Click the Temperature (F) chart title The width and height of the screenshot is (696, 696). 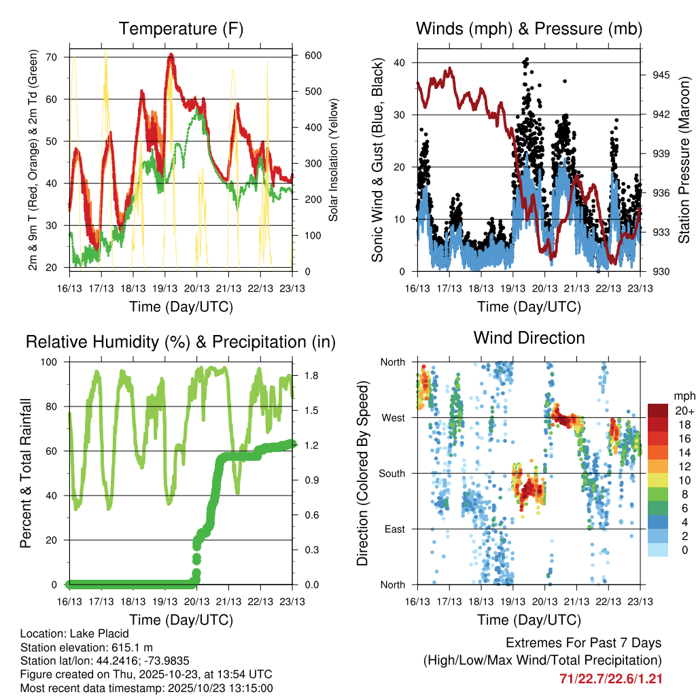pyautogui.click(x=181, y=29)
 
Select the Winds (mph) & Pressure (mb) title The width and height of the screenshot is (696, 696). pyautogui.click(x=529, y=29)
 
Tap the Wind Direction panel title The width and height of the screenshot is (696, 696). pyautogui.click(x=529, y=338)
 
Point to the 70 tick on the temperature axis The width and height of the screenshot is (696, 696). pyautogui.click(x=58, y=57)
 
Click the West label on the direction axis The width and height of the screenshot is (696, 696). pyautogui.click(x=393, y=417)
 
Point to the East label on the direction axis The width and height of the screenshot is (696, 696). pyautogui.click(x=394, y=529)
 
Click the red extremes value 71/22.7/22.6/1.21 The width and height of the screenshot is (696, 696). pyautogui.click(x=610, y=678)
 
